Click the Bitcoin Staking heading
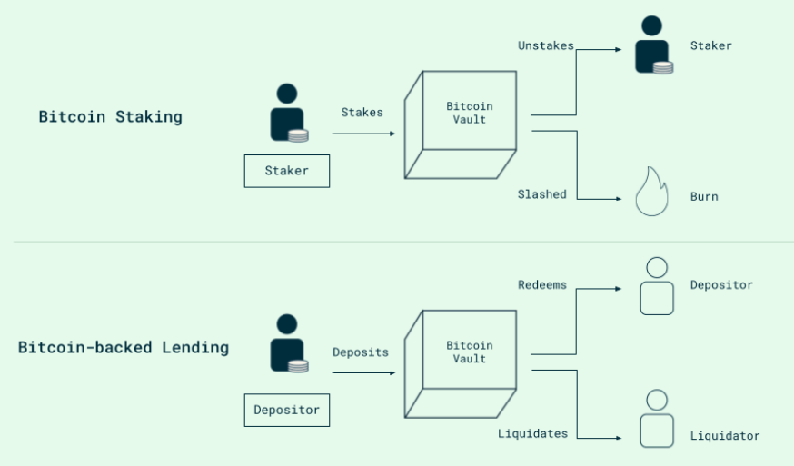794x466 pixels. (110, 117)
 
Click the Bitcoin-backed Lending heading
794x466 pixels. (124, 348)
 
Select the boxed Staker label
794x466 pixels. (286, 171)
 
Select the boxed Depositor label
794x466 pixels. (286, 410)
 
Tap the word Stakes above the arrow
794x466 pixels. (362, 113)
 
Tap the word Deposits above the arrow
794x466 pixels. (360, 352)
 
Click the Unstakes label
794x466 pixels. (545, 45)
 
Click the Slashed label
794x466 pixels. (541, 194)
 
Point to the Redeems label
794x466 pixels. (541, 285)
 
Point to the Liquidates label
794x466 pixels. (532, 434)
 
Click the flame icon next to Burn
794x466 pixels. (651, 192)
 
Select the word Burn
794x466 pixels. (704, 196)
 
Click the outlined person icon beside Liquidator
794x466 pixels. (656, 420)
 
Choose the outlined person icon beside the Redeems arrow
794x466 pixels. (656, 287)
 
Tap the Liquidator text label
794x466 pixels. (724, 436)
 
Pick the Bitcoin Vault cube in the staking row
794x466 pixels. (460, 124)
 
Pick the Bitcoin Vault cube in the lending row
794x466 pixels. (460, 363)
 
